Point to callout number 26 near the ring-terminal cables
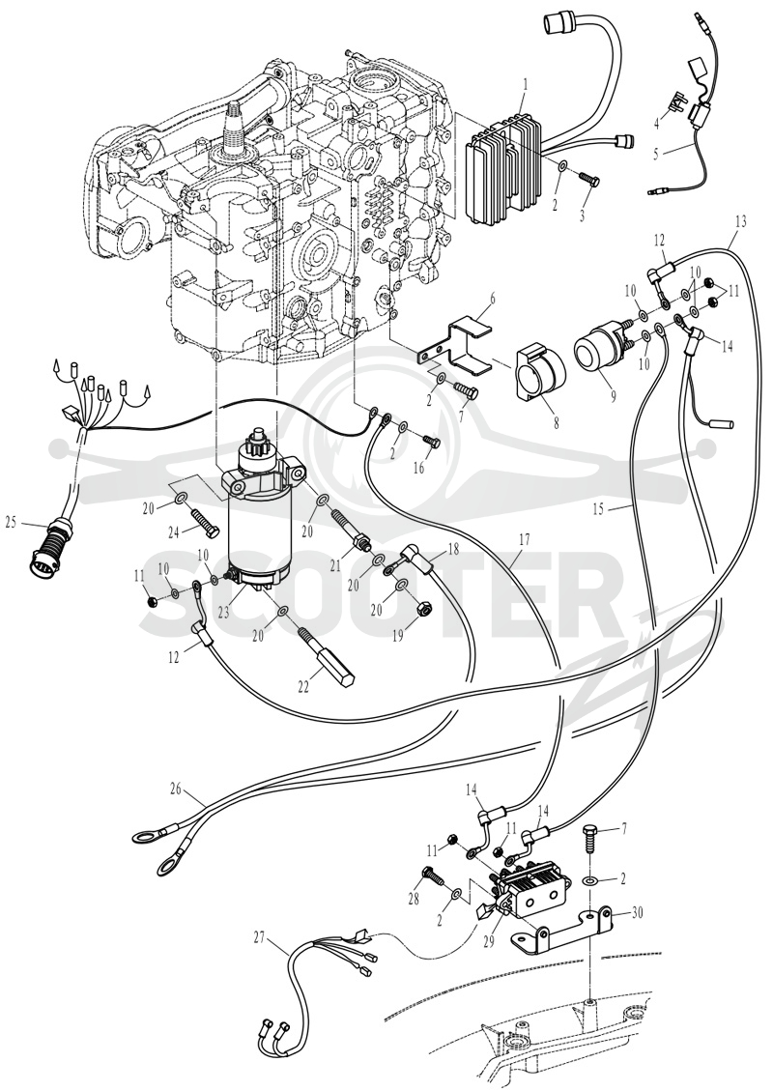click(x=176, y=789)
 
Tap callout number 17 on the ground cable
click(x=524, y=538)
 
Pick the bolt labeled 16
click(x=431, y=441)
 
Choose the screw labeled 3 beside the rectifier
click(x=590, y=180)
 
